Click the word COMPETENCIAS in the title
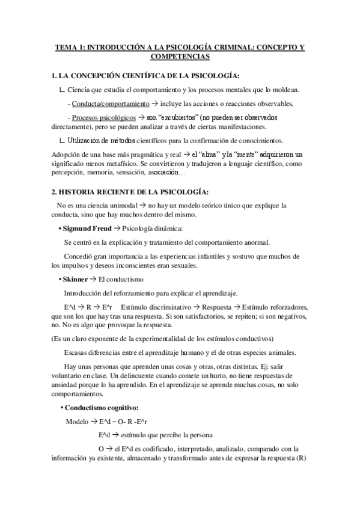(180, 57)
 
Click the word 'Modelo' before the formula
(78, 421)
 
